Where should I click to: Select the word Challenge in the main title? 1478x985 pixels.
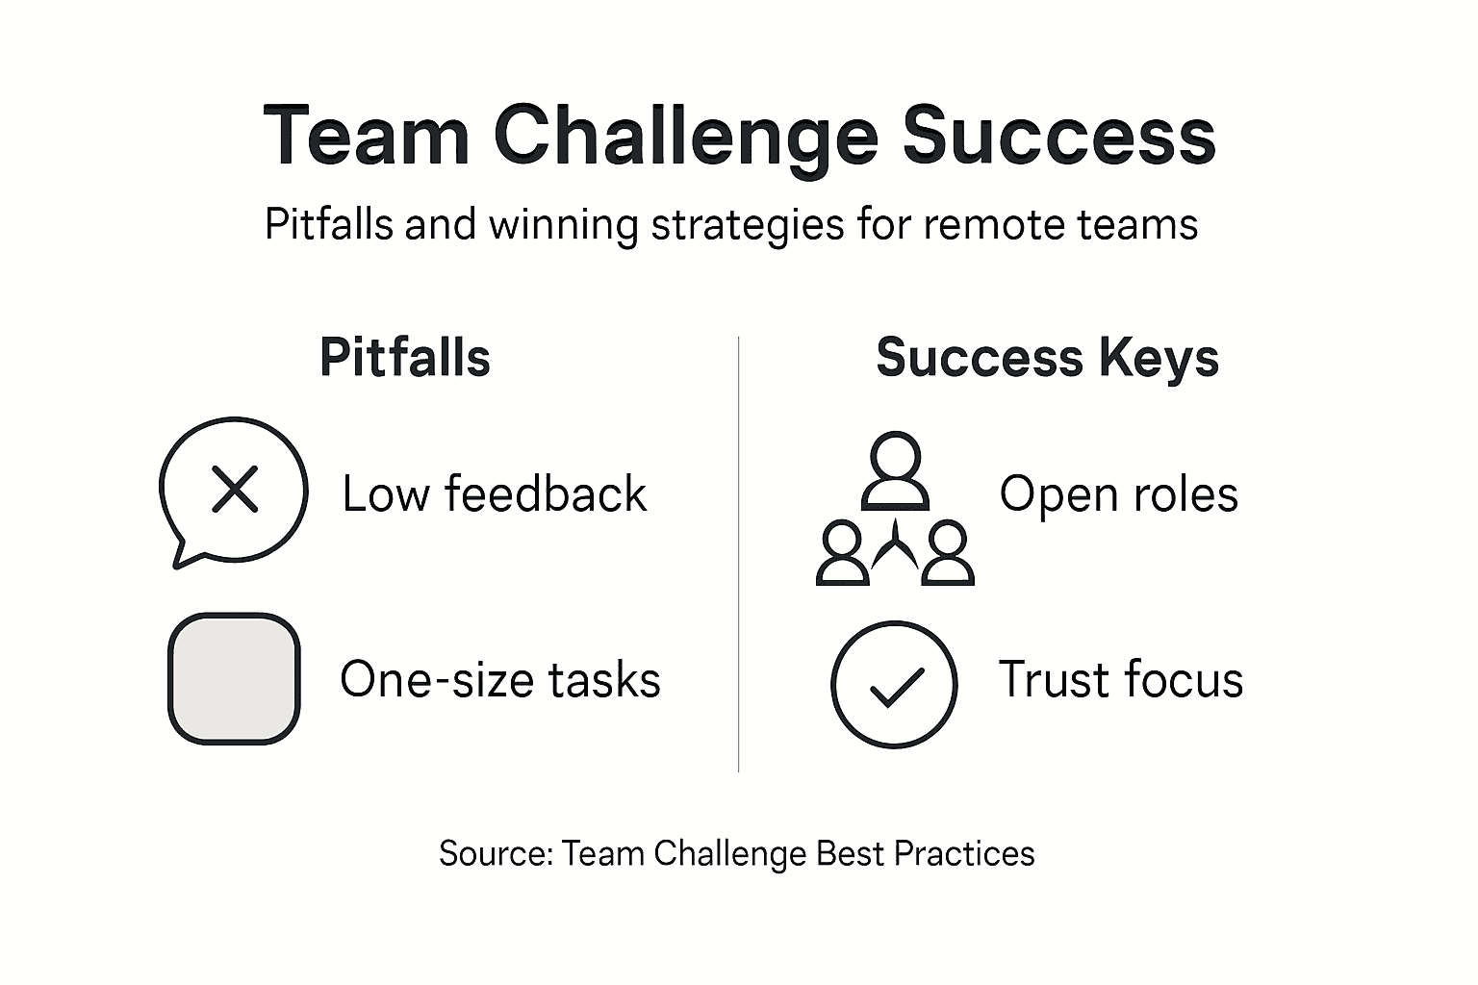(x=685, y=137)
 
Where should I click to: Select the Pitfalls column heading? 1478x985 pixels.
(x=404, y=358)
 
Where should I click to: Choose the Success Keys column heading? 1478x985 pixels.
(x=1047, y=358)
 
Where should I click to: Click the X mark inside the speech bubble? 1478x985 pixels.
(x=235, y=489)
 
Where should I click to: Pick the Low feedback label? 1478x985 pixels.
(x=495, y=494)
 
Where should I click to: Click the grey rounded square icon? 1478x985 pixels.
(x=234, y=679)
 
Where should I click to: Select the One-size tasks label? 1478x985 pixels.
(x=500, y=680)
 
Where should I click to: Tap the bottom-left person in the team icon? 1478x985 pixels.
(x=842, y=555)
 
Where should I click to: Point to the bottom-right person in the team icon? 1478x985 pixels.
(x=948, y=555)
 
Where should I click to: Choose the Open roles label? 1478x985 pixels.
(x=1118, y=494)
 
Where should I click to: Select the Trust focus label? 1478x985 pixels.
(x=1120, y=679)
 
